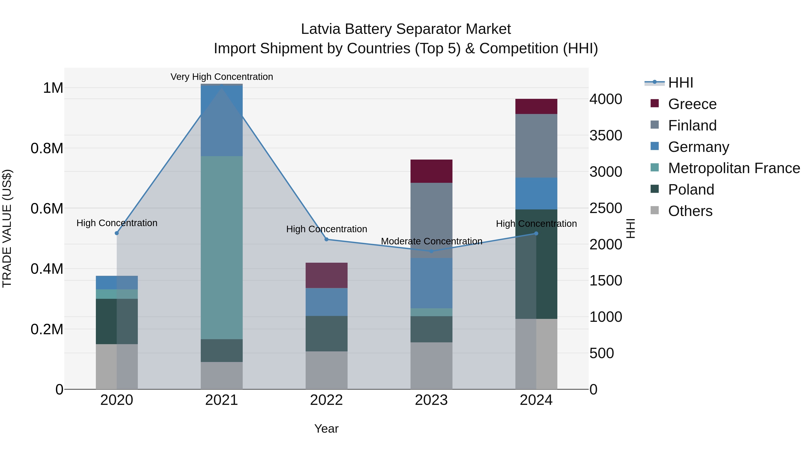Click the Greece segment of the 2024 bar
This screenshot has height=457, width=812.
[536, 106]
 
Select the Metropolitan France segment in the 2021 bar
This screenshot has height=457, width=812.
[221, 248]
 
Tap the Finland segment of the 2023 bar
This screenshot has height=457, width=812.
[431, 220]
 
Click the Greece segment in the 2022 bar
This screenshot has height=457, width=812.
[327, 275]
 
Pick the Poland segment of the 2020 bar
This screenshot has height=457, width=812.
[117, 321]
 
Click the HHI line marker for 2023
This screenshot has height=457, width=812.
[431, 251]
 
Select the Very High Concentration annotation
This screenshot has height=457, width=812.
[221, 77]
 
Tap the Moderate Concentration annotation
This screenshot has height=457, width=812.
[431, 241]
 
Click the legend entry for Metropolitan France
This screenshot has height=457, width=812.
[734, 168]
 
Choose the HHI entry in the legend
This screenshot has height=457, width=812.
[680, 83]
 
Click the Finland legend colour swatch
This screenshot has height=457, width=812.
[655, 125]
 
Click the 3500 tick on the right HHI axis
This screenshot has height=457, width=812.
[606, 135]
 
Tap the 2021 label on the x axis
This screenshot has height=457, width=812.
[221, 400]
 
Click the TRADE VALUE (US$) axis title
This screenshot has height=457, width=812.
[7, 228]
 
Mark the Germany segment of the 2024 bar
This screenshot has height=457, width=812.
[536, 193]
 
